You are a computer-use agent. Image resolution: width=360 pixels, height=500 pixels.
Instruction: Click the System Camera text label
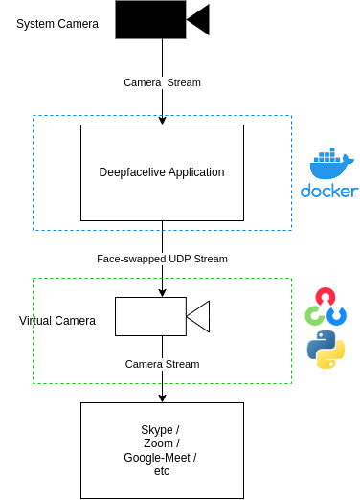point(57,23)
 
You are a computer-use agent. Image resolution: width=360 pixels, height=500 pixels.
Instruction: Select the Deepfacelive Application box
point(162,172)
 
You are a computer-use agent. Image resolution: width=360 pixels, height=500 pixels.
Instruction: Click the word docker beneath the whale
point(328,191)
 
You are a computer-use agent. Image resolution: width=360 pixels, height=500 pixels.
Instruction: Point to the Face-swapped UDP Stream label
point(162,259)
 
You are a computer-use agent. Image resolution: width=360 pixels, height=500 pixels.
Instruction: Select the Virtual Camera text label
point(57,320)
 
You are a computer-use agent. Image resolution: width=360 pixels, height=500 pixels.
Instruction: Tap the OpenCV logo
point(326,307)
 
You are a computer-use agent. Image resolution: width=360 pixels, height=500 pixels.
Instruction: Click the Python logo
point(326,350)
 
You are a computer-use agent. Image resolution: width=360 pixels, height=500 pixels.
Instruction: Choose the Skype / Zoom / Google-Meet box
point(162,450)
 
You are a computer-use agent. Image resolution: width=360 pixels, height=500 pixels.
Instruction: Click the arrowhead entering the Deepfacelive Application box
point(162,120)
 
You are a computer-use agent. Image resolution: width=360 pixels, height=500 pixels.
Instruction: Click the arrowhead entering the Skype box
point(162,398)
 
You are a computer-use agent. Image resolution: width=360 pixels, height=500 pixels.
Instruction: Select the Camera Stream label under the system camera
point(162,82)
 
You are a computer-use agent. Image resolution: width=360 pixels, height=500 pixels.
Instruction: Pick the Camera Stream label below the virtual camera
point(162,364)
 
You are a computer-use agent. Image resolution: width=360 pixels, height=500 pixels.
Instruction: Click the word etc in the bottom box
point(162,471)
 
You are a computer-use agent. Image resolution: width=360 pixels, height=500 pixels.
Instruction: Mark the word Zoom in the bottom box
point(159,443)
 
